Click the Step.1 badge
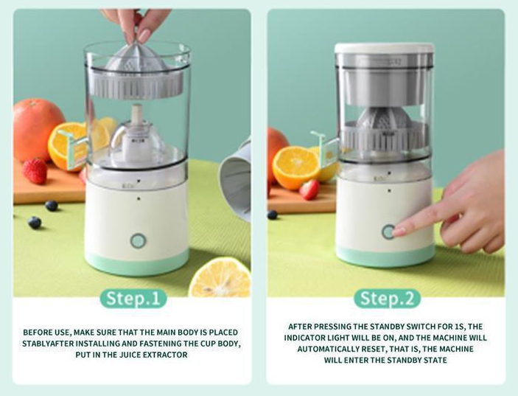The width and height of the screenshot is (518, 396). (x=133, y=299)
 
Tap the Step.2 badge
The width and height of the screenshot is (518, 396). (x=387, y=299)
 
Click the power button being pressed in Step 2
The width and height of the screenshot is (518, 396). (x=389, y=232)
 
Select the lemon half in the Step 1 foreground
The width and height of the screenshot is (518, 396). (x=220, y=278)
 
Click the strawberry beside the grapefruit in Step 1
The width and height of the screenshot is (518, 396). (x=35, y=170)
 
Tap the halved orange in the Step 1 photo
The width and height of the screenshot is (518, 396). (x=68, y=145)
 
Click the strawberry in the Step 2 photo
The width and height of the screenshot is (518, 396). (x=309, y=190)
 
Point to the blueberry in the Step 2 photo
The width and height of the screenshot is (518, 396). (x=272, y=215)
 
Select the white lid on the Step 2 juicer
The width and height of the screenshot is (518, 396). (x=384, y=48)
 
